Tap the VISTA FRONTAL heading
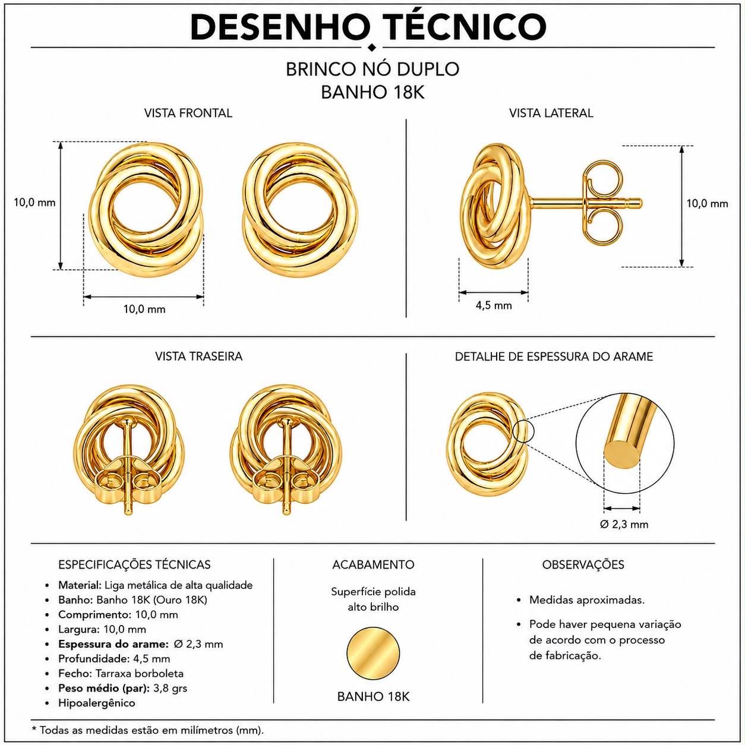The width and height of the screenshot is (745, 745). (188, 113)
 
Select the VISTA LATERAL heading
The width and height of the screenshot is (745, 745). (551, 113)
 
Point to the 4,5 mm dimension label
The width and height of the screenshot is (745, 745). (494, 305)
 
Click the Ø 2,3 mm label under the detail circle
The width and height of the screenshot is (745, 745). (624, 524)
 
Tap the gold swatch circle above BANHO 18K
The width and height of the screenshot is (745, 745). (373, 653)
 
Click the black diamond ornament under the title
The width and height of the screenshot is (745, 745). (372, 48)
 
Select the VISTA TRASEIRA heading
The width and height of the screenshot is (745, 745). (198, 356)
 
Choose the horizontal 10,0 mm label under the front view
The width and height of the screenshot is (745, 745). (144, 310)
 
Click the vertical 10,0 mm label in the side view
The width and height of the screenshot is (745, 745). (707, 204)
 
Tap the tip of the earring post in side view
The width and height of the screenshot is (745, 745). (640, 203)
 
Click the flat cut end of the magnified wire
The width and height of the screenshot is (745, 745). (621, 456)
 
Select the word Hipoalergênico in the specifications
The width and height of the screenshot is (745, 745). (97, 703)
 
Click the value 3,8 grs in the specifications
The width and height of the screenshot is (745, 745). (170, 688)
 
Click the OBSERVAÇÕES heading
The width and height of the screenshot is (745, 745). (583, 564)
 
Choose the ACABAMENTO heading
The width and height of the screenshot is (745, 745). (373, 564)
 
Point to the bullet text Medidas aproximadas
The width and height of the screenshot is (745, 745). (587, 600)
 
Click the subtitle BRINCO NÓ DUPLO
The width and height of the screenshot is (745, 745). (372, 70)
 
